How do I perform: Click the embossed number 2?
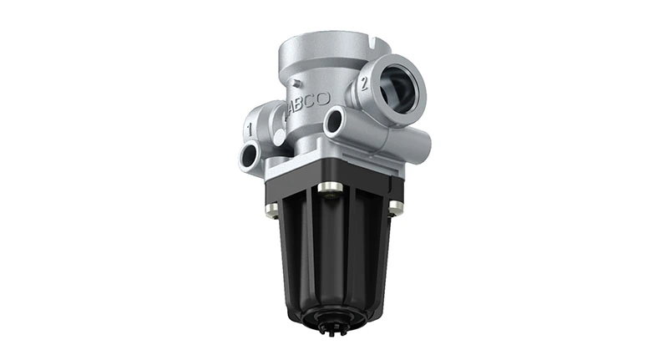(365, 82)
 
